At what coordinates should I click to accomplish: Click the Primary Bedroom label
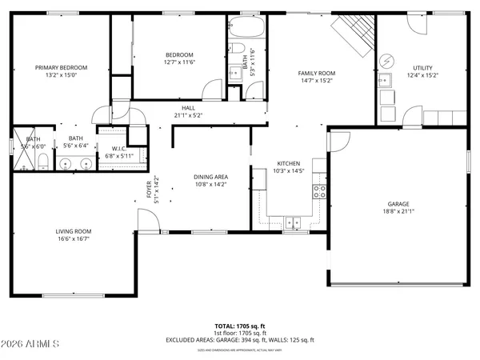pyautogui.click(x=61, y=68)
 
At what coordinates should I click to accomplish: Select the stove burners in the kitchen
pyautogui.click(x=319, y=190)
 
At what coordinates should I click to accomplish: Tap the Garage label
pyautogui.click(x=398, y=203)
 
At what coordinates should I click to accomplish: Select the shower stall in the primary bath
pyautogui.click(x=23, y=160)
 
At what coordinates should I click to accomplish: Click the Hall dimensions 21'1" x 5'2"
pyautogui.click(x=188, y=114)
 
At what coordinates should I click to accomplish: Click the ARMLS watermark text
pyautogui.click(x=32, y=344)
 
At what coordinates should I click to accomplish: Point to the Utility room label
pyautogui.click(x=422, y=68)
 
